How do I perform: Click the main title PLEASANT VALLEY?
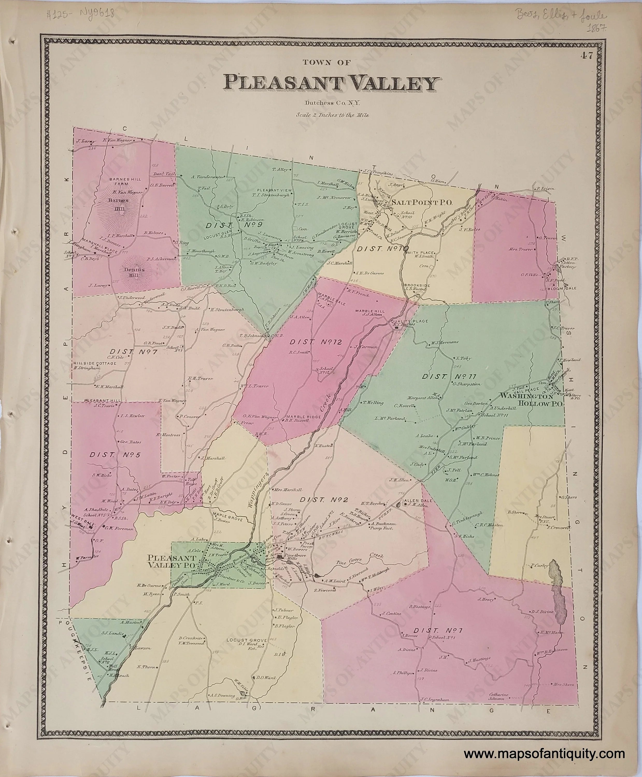(x=331, y=84)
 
